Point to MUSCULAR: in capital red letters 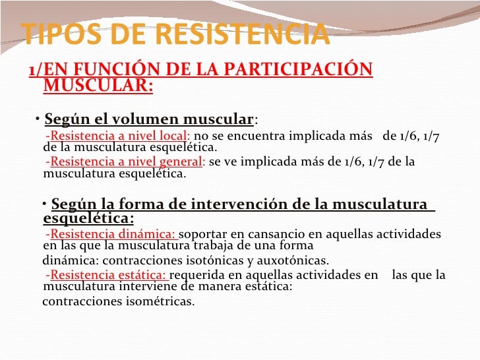98,86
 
